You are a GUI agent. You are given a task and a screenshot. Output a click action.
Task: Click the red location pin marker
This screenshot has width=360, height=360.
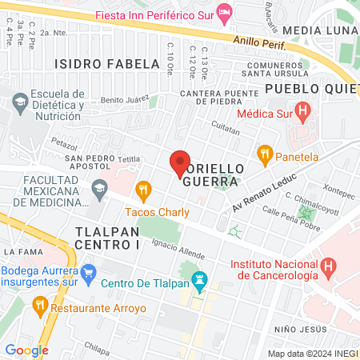(180, 163)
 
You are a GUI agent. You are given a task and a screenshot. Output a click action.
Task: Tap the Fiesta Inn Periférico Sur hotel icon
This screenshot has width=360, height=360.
(226, 13)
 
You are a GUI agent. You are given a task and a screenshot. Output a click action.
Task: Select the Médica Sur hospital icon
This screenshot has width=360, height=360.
(302, 110)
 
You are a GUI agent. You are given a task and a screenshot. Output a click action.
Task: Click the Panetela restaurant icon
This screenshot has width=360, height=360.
(265, 154)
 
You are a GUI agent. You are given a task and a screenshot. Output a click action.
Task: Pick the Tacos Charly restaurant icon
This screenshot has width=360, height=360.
(144, 190)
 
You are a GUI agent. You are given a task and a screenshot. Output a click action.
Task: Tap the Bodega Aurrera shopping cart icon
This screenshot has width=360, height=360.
(89, 271)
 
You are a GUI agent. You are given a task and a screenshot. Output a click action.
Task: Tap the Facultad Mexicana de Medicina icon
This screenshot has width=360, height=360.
(99, 190)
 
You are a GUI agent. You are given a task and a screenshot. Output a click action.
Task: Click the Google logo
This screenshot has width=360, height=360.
(26, 350)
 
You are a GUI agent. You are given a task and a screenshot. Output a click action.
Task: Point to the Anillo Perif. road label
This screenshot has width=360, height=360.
(260, 42)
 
